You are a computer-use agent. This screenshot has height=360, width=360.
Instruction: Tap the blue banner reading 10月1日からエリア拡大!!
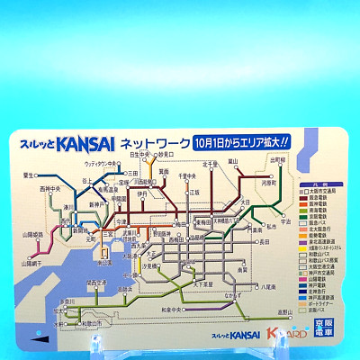[x=240, y=141]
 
